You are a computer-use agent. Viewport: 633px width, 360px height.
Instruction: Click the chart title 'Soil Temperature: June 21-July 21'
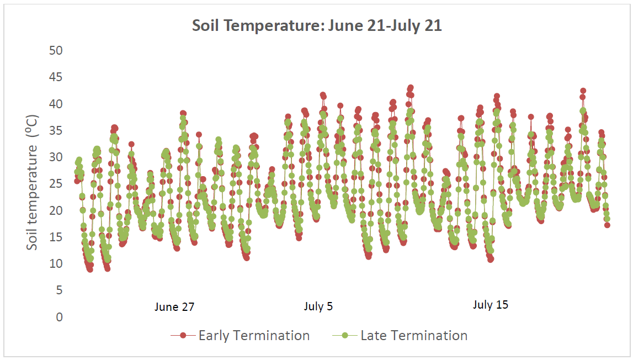[x=317, y=26]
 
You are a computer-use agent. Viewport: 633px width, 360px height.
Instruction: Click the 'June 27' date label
[x=174, y=308]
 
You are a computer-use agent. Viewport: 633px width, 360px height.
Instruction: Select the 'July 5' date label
[x=318, y=306]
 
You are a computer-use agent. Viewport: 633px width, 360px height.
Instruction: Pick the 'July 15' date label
[x=491, y=305]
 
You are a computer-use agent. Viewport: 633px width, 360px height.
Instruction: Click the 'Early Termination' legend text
[x=254, y=335]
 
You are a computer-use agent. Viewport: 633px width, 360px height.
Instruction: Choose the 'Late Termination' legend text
[x=414, y=335]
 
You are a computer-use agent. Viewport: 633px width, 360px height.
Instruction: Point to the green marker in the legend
[x=345, y=335]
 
